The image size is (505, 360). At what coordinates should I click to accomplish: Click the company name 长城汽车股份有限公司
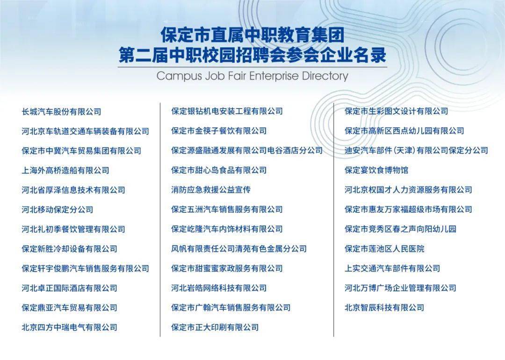pyautogui.click(x=62, y=112)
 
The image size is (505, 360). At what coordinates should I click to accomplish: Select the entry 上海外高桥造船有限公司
pyautogui.click(x=65, y=170)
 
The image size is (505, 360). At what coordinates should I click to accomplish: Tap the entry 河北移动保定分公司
pyautogui.click(x=58, y=209)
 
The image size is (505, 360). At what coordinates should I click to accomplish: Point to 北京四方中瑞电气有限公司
pyautogui.click(x=69, y=327)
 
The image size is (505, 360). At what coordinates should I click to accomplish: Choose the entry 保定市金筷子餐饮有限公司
pyautogui.click(x=219, y=131)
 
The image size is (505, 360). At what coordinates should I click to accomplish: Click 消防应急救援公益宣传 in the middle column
pyautogui.click(x=211, y=190)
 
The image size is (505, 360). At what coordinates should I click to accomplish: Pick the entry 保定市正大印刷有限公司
pyautogui.click(x=215, y=327)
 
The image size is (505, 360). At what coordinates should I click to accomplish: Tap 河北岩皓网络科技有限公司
pyautogui.click(x=219, y=288)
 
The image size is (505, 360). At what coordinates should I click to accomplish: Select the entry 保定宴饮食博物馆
pyautogui.click(x=376, y=170)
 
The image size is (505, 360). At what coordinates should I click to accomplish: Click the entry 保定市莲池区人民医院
pyautogui.click(x=384, y=249)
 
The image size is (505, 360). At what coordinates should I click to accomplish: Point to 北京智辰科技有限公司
pyautogui.click(x=384, y=308)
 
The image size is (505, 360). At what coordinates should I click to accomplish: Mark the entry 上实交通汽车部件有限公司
pyautogui.click(x=392, y=268)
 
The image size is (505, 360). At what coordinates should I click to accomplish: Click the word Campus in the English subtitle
pyautogui.click(x=180, y=76)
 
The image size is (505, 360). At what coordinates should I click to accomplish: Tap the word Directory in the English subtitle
pyautogui.click(x=325, y=76)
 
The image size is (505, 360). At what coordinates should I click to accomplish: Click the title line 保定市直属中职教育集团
pyautogui.click(x=252, y=35)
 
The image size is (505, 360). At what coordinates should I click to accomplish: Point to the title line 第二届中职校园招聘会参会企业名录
pyautogui.click(x=252, y=55)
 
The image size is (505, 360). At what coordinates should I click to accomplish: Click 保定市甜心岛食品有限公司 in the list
pyautogui.click(x=219, y=170)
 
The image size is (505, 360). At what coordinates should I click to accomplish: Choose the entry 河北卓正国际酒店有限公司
pyautogui.click(x=69, y=288)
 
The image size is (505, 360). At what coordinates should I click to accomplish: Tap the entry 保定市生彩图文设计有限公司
pyautogui.click(x=397, y=111)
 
